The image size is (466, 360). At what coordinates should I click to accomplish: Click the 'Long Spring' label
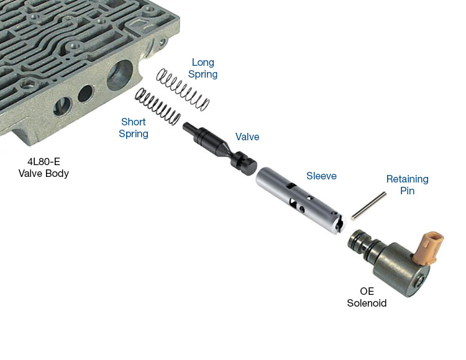(203, 68)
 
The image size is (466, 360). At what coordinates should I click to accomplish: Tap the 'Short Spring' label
(134, 128)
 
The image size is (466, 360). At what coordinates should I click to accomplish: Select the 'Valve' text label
(247, 137)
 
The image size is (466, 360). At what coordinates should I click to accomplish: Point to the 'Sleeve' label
(321, 176)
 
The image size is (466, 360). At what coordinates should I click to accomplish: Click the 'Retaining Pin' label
(407, 184)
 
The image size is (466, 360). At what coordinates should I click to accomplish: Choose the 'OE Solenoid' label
(367, 297)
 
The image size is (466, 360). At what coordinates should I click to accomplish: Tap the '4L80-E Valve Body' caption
(43, 168)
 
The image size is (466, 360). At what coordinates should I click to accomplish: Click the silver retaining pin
(369, 206)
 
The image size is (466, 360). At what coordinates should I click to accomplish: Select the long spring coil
(183, 89)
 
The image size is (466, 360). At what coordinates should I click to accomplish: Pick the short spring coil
(158, 107)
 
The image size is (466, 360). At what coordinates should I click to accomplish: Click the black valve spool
(220, 148)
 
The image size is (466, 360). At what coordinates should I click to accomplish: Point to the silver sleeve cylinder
(300, 200)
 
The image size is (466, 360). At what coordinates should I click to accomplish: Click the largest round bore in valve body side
(120, 75)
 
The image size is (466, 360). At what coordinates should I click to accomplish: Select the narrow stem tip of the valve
(189, 129)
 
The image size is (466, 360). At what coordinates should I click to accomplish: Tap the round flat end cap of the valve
(249, 167)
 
